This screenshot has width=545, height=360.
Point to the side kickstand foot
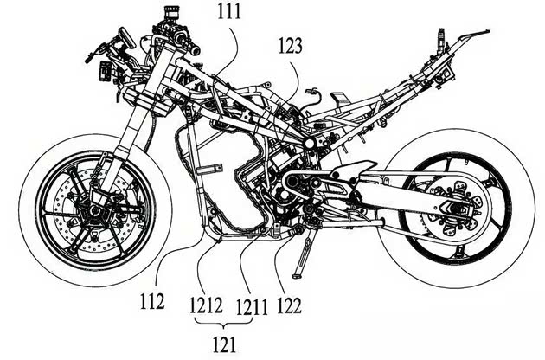pyautogui.click(x=297, y=276)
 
